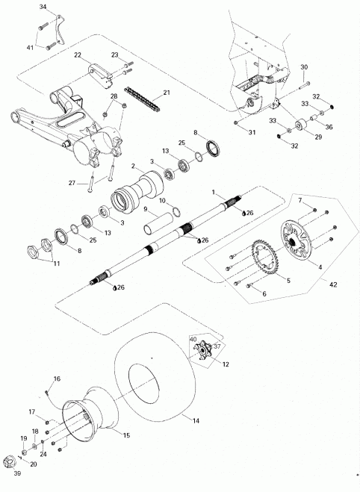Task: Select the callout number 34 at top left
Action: [x=42, y=6]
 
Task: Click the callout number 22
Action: [x=77, y=55]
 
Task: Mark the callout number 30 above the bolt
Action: [x=304, y=68]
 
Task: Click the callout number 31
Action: [x=252, y=132]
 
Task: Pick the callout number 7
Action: [x=300, y=201]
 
